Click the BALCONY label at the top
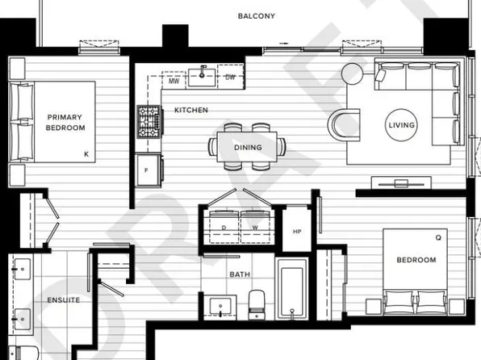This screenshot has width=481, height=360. (257, 16)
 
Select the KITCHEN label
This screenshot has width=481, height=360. (191, 110)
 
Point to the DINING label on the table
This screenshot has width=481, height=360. (247, 148)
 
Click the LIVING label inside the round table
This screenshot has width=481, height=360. (401, 124)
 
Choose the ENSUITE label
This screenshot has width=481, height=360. (64, 300)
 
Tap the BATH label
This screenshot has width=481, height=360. (240, 274)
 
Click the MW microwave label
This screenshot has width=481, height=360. (174, 81)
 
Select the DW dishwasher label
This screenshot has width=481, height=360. (230, 78)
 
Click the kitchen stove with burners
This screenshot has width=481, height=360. (148, 121)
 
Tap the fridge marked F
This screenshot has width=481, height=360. (147, 171)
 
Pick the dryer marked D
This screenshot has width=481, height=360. (224, 227)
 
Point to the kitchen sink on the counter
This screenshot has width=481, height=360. (202, 77)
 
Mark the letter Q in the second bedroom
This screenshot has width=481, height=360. (438, 237)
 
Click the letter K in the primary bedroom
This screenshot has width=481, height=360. (85, 153)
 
